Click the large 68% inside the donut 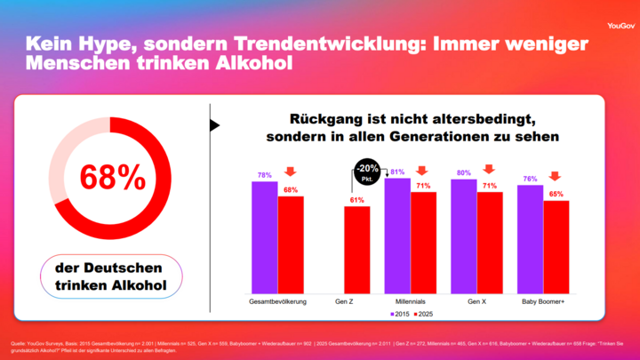(x=113, y=178)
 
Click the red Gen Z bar (x=356, y=251)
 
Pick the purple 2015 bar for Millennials (x=397, y=236)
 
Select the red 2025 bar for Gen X (x=490, y=243)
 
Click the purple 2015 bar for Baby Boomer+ (x=530, y=240)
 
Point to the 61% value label (x=356, y=200)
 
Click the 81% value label (x=397, y=172)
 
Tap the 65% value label (x=556, y=194)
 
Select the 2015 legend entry (x=399, y=314)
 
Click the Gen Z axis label (x=345, y=302)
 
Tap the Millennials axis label (x=411, y=302)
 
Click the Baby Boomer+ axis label (x=543, y=302)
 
